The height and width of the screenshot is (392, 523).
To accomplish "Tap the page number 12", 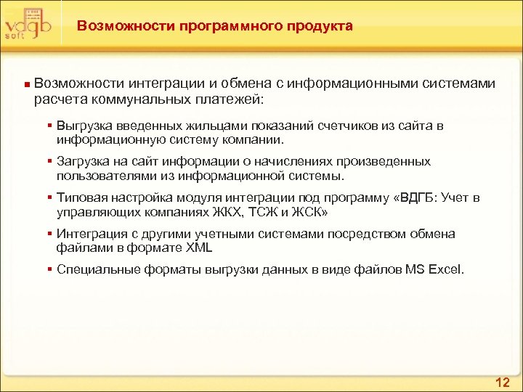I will coord(503,382).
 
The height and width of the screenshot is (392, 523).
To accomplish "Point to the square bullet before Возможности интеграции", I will coord(26,85).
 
